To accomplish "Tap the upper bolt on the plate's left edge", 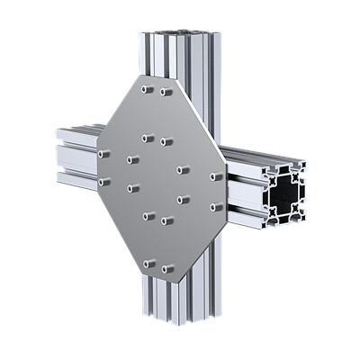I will [x=104, y=154].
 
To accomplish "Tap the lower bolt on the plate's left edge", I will [x=104, y=181].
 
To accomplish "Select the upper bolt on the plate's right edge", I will [x=215, y=176].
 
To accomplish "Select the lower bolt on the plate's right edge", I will [x=215, y=207].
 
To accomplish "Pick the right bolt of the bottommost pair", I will [x=166, y=267].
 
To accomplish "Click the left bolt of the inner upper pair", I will [x=146, y=138].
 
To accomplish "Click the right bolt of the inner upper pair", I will [x=165, y=141].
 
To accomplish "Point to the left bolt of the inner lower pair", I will [x=148, y=215].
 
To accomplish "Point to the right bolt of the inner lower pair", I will [x=166, y=219].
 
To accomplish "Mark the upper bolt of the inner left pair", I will [x=131, y=160].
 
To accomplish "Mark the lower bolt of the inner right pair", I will [x=183, y=199].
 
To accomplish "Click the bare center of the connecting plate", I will [x=157, y=178].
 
